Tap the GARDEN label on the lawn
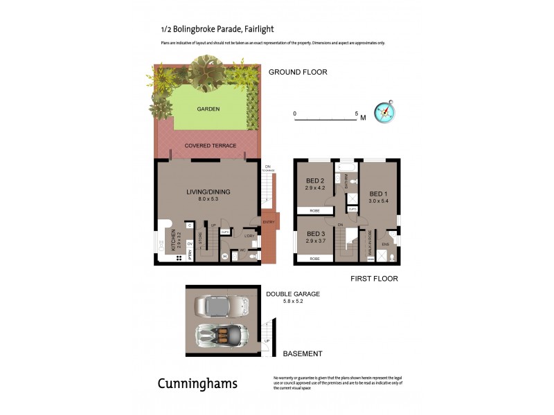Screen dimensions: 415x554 click(208, 109)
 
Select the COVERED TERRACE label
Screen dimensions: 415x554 click(211, 146)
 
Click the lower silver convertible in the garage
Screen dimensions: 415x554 click(222, 336)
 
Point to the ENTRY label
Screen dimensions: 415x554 click(268, 222)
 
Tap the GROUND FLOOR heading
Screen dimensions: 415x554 click(298, 72)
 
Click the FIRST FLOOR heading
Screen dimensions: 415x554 click(374, 279)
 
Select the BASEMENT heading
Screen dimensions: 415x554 click(303, 353)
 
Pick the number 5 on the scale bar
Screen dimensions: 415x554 click(356, 113)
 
